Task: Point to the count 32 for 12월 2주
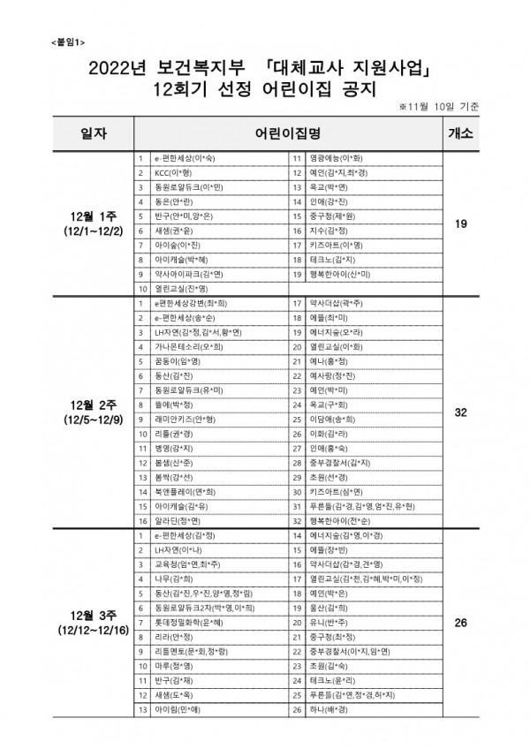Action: coord(459,412)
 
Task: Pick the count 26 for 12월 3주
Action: coord(459,624)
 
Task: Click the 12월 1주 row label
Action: coord(91,216)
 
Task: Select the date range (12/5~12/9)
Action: coord(91,420)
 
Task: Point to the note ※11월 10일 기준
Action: coord(439,106)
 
